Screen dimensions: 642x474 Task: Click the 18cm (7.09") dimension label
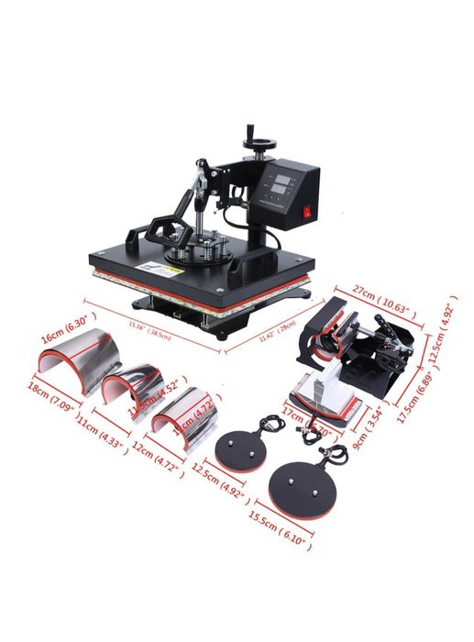pos(50,400)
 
